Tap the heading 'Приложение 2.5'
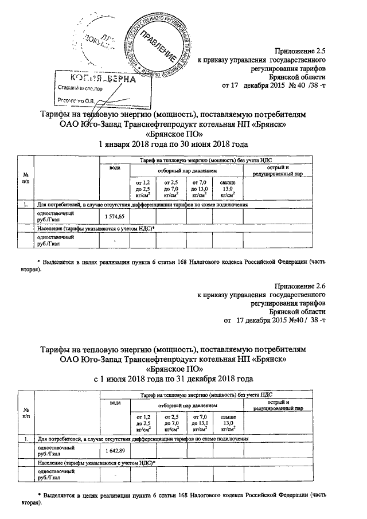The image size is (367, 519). [300, 50]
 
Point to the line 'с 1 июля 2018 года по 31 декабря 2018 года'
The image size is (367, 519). [173, 379]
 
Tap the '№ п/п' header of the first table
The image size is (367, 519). [26, 177]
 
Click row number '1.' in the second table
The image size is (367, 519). [26, 439]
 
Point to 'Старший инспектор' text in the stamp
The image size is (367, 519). [80, 89]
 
